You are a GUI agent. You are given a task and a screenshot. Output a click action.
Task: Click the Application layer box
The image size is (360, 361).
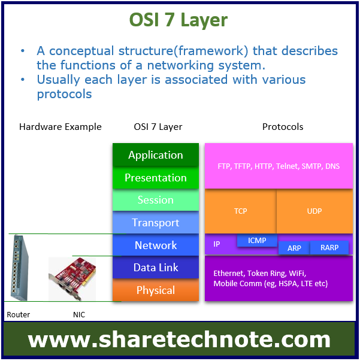[156, 154]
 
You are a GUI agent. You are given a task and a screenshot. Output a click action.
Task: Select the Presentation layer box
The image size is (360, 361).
[156, 178]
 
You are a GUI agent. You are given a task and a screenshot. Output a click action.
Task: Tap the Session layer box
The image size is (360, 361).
[156, 200]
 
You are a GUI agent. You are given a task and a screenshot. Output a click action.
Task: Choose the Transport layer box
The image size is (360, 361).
[156, 222]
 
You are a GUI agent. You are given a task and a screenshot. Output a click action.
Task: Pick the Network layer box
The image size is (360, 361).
[156, 245]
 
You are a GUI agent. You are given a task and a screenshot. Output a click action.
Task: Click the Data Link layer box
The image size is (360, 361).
[156, 267]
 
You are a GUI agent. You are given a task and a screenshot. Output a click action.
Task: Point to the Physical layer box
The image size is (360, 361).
[156, 290]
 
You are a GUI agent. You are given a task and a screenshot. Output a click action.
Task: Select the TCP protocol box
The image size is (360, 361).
[240, 211]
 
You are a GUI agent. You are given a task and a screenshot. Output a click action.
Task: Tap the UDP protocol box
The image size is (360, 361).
[314, 211]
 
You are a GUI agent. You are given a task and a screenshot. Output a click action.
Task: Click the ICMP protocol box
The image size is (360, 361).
[257, 240]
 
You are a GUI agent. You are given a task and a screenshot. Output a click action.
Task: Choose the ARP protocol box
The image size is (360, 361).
[294, 248]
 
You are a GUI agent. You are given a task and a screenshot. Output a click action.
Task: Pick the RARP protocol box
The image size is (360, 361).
[329, 248]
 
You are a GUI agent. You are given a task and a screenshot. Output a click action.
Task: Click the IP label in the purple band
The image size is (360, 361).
[216, 244]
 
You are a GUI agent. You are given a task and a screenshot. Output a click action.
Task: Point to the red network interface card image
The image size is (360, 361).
[72, 278]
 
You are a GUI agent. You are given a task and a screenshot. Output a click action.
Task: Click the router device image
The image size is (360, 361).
[19, 267]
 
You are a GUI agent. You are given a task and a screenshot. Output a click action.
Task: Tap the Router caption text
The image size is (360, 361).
[18, 314]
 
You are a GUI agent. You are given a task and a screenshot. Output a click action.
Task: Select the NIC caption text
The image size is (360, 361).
[79, 314]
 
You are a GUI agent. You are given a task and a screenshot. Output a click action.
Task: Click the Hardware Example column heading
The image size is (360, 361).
[60, 127]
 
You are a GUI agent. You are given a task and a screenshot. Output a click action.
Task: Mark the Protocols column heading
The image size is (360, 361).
[283, 127]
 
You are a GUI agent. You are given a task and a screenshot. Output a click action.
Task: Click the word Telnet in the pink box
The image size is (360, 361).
[288, 166]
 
